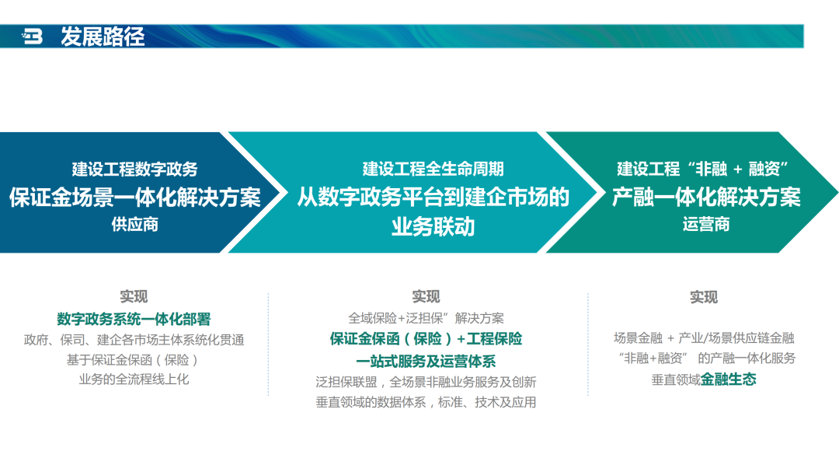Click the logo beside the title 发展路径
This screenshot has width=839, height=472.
(x=32, y=37)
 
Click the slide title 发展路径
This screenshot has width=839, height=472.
(x=103, y=37)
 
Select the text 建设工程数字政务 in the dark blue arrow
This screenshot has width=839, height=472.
(x=135, y=170)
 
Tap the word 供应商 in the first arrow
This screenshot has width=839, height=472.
(x=135, y=224)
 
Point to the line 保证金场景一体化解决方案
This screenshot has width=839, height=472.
(x=135, y=198)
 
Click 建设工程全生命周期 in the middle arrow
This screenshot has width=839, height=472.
(x=433, y=169)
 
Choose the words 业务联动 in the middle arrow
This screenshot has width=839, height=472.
(x=433, y=226)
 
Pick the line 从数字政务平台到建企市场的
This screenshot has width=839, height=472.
(x=433, y=197)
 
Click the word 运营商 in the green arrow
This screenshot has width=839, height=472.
(x=706, y=224)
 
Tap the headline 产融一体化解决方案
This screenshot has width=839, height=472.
(x=706, y=198)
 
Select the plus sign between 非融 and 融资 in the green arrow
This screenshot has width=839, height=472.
(x=738, y=170)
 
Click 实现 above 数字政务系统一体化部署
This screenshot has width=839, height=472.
(x=134, y=296)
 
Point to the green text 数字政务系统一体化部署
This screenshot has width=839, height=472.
(x=134, y=320)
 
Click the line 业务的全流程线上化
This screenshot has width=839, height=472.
(x=134, y=379)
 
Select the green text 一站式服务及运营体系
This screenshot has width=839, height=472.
(x=426, y=361)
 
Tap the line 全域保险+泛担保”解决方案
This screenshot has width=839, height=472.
(x=426, y=318)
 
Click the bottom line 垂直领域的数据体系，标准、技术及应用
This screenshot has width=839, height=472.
(x=426, y=402)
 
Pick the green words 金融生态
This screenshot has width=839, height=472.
(x=728, y=379)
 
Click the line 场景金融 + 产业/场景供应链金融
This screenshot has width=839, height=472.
(x=704, y=338)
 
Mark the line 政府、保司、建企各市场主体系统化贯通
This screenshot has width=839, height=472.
(x=134, y=340)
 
